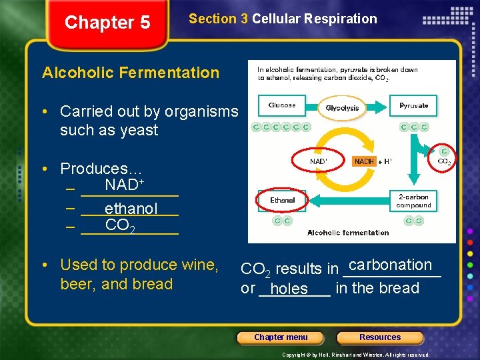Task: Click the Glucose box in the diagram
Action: (x=281, y=106)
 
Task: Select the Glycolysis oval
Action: (x=342, y=108)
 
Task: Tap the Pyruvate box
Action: (x=414, y=106)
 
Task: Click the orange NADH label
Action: (x=364, y=161)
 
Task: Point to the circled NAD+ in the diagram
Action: (x=319, y=161)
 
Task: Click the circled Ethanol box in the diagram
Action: (x=283, y=200)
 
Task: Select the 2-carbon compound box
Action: (x=414, y=201)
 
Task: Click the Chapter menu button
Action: (x=281, y=337)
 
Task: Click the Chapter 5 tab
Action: (x=107, y=23)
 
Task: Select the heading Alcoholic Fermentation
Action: (x=131, y=73)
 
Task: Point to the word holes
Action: (x=289, y=289)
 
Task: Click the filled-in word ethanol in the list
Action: (x=131, y=209)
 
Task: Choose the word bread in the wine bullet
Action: (x=153, y=284)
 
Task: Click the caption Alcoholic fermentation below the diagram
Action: (x=348, y=233)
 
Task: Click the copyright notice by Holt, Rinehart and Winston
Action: (x=356, y=355)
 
